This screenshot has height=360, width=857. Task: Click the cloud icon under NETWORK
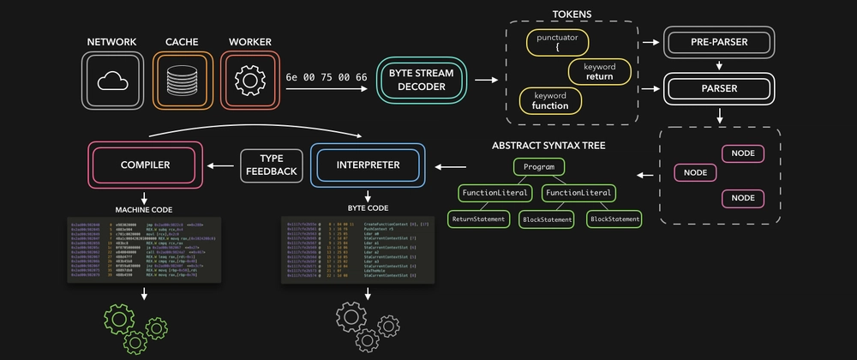112,81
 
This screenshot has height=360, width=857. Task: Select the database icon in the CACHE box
180,81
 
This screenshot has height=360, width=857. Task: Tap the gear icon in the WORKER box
249,81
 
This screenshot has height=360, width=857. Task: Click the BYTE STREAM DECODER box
422,81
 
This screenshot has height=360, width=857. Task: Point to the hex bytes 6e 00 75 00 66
327,77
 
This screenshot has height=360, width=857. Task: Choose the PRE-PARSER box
719,42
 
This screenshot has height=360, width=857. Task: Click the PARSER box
719,88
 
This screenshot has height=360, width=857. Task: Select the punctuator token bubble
557,43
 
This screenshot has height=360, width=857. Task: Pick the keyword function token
549,100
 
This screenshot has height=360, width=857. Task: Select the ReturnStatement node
478,219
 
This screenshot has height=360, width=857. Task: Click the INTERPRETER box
369,165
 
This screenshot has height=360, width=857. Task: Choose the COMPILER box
146,165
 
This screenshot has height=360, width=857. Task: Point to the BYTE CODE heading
368,208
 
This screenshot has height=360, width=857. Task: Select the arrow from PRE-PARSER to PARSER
719,65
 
